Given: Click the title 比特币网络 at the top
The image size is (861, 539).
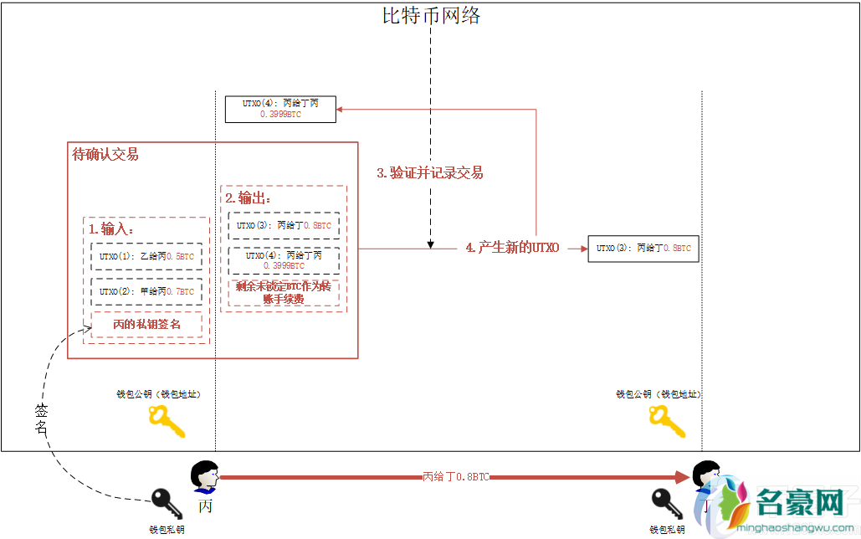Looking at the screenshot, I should tap(432, 15).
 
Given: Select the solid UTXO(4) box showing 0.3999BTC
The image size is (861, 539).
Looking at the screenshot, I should tap(280, 109).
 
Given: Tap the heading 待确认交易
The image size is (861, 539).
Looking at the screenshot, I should tap(105, 154).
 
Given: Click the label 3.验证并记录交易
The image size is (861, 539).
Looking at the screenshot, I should tap(429, 173).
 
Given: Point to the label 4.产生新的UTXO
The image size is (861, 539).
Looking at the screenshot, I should tap(512, 248).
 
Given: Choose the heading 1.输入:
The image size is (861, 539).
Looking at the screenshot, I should tap(111, 228).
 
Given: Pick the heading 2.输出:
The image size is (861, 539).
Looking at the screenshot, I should tap(249, 198).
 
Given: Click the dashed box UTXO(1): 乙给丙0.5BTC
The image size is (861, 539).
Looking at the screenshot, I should tap(146, 257).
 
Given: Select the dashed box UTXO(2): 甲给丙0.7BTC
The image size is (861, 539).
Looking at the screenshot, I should tap(146, 292).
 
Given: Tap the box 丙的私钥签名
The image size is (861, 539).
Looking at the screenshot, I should tap(146, 324).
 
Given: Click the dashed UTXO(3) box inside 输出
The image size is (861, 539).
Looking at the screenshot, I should tap(284, 225).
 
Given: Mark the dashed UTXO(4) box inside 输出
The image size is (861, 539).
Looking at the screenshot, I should tap(284, 260).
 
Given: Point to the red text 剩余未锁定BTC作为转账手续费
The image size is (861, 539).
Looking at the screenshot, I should tap(284, 292).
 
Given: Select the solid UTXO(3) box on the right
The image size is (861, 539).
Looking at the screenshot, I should tap(643, 249).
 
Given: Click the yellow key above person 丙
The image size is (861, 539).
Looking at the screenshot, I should tap(166, 421).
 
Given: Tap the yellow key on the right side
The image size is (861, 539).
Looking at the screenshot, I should tap(668, 421).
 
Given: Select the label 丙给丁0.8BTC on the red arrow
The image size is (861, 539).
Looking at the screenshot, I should tap(455, 477).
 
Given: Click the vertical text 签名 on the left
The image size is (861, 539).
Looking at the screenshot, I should tap(42, 418).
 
